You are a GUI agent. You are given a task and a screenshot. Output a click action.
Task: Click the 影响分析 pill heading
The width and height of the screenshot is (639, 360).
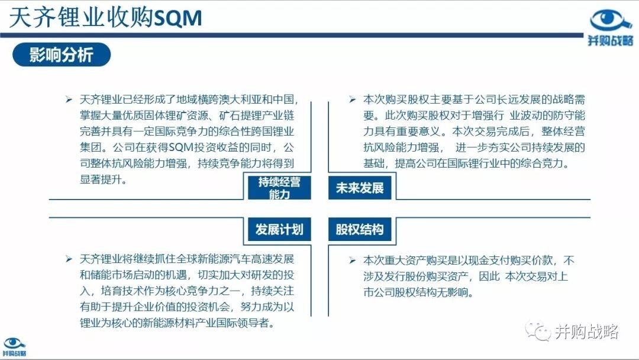click(62, 54)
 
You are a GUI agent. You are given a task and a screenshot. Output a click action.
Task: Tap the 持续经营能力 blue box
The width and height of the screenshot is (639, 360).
click(279, 188)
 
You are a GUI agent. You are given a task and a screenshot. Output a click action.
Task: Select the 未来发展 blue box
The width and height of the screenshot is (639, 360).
click(360, 188)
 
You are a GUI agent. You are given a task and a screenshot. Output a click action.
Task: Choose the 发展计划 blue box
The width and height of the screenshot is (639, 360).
click(279, 230)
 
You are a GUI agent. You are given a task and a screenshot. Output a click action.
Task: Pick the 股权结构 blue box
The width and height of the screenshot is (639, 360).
click(360, 230)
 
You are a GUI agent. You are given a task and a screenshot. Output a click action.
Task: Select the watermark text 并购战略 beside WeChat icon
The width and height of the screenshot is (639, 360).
click(586, 332)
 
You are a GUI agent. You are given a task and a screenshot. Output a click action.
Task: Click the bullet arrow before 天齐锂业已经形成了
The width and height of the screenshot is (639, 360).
click(69, 99)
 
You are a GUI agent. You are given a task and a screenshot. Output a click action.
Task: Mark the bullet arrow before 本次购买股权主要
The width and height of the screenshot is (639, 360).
click(353, 99)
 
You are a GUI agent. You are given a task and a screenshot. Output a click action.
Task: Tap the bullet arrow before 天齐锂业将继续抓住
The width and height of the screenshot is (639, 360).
click(69, 259)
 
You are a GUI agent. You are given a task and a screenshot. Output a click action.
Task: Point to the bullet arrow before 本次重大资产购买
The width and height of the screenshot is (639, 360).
click(353, 260)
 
